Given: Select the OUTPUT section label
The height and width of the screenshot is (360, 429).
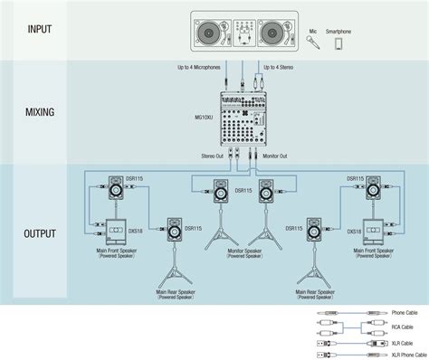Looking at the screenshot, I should [x=41, y=232].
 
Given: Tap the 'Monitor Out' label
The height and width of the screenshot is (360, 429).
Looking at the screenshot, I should [x=275, y=156].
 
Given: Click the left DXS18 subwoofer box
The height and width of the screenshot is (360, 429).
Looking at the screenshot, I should [x=116, y=232].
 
